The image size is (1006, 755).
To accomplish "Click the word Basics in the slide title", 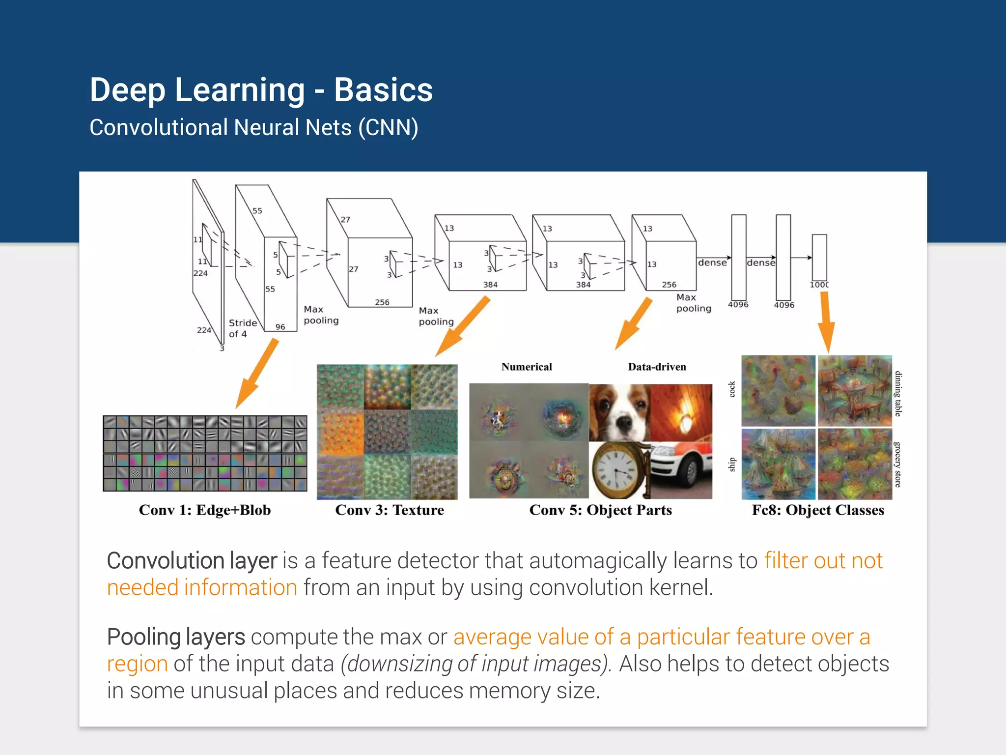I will click(383, 90).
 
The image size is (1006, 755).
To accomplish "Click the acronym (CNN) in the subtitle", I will click(388, 128).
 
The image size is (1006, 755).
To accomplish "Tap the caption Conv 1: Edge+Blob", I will click(205, 510).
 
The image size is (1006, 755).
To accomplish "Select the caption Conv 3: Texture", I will click(390, 510).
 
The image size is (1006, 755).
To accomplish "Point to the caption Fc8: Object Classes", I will click(818, 510).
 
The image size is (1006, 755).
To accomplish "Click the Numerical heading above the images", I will click(527, 367).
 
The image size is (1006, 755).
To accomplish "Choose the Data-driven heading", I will click(657, 367).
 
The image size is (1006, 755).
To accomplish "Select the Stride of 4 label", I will click(242, 328).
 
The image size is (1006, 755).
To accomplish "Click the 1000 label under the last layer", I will click(819, 285).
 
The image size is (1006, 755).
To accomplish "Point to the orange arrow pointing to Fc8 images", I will click(826, 322).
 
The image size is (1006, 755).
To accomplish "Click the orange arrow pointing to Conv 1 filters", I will click(257, 374).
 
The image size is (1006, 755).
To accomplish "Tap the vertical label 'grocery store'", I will click(898, 465).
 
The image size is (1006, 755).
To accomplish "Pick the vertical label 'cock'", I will click(732, 389).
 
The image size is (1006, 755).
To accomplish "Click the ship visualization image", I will click(778, 464).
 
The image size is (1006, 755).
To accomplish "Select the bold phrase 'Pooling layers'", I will click(176, 637).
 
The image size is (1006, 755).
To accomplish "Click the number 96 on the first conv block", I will click(280, 327).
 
